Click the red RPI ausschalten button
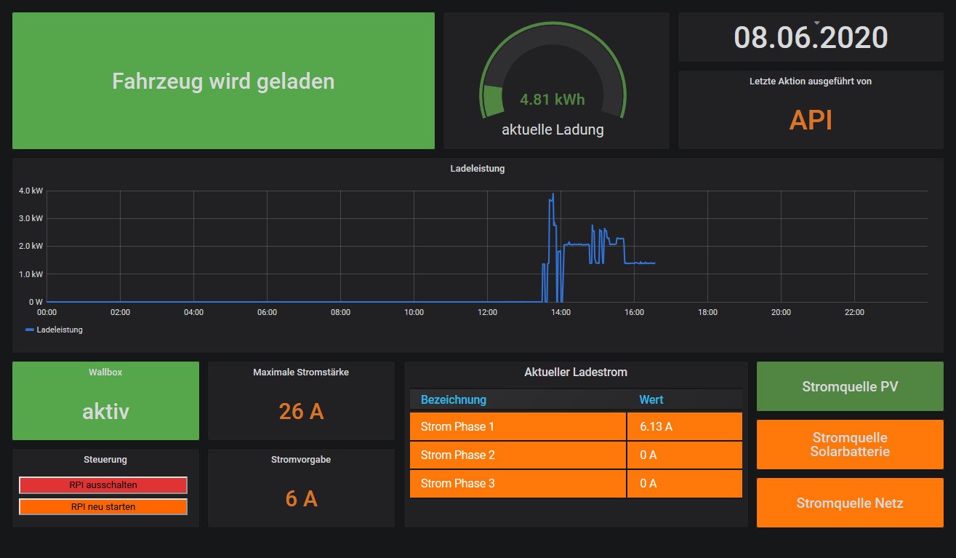click(103, 485)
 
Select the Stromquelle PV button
click(850, 386)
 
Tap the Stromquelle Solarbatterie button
click(850, 445)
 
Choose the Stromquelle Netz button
click(850, 503)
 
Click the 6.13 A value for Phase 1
click(656, 427)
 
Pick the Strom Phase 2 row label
click(458, 455)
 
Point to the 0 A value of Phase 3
click(648, 484)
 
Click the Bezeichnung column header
click(454, 399)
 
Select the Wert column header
click(651, 399)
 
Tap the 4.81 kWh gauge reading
click(553, 100)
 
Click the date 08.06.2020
click(811, 37)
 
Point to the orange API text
click(811, 120)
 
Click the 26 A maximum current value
click(301, 411)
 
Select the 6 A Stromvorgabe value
click(301, 498)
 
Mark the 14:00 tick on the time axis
click(561, 312)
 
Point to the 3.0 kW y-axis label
click(31, 218)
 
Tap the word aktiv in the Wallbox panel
click(105, 411)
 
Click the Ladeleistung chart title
click(478, 169)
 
